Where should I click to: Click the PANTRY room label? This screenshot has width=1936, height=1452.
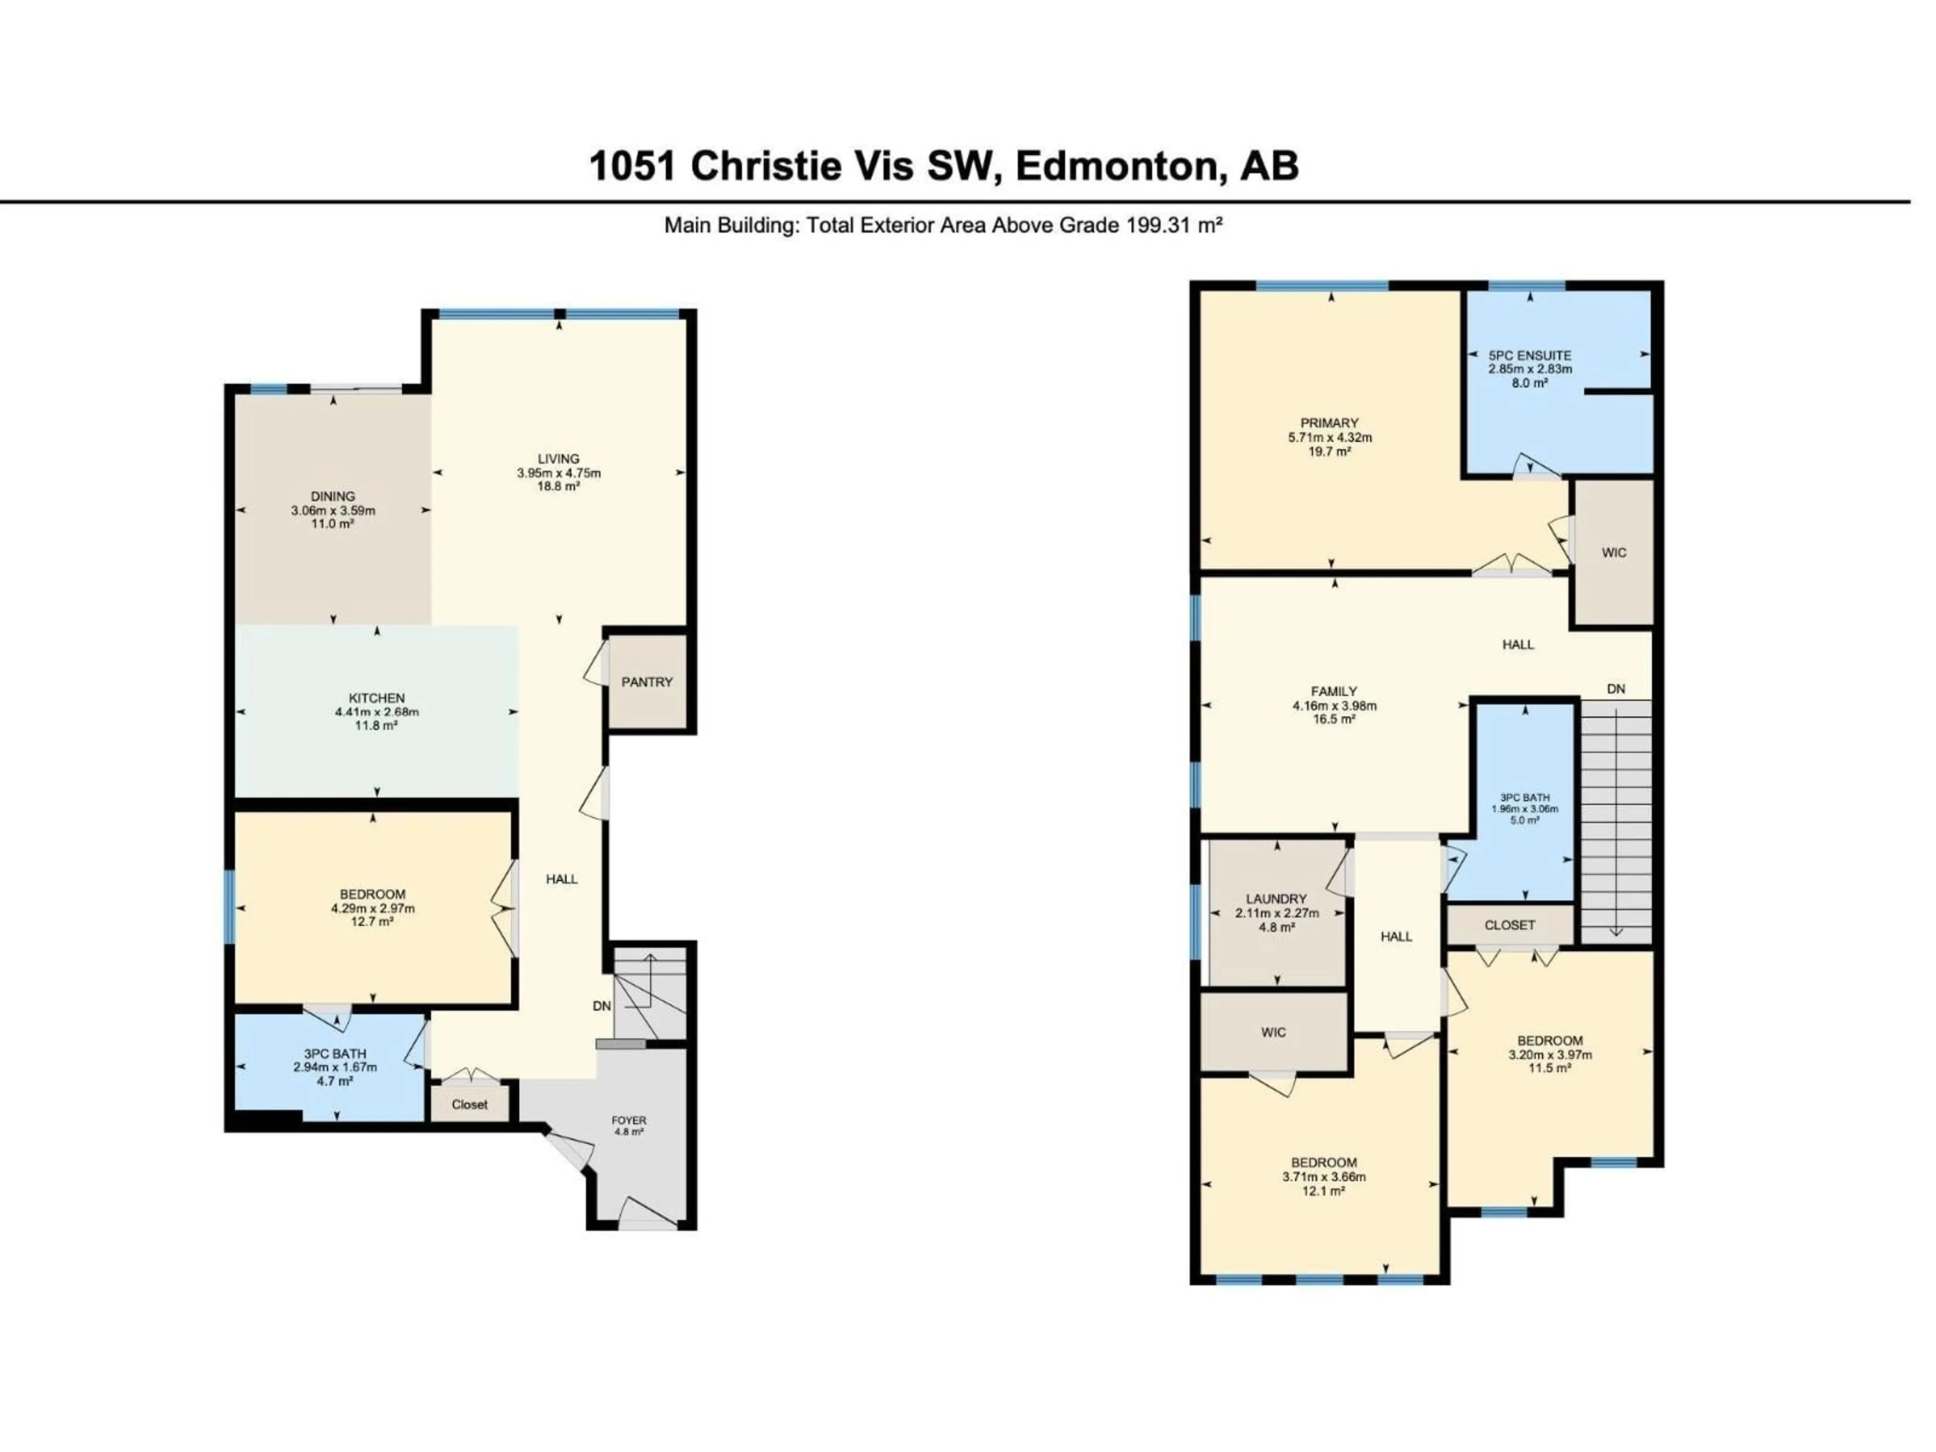(x=647, y=682)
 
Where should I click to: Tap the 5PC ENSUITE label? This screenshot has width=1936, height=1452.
(x=1530, y=355)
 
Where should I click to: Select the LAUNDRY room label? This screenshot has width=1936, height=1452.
(x=1276, y=899)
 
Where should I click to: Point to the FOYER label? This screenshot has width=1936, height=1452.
(x=628, y=1120)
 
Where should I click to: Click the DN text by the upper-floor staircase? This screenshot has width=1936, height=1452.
(x=1616, y=689)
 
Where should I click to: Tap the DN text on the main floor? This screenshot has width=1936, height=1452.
(x=601, y=1006)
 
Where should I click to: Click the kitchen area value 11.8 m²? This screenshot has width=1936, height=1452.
(x=376, y=725)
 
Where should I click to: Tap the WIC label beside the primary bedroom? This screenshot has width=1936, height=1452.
(x=1614, y=552)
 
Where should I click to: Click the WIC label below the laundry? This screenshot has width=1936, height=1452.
(x=1274, y=1032)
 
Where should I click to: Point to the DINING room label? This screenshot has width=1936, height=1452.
(x=333, y=496)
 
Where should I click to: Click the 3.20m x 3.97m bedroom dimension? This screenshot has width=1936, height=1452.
(x=1549, y=1055)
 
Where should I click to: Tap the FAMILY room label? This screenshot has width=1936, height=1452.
(x=1334, y=691)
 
